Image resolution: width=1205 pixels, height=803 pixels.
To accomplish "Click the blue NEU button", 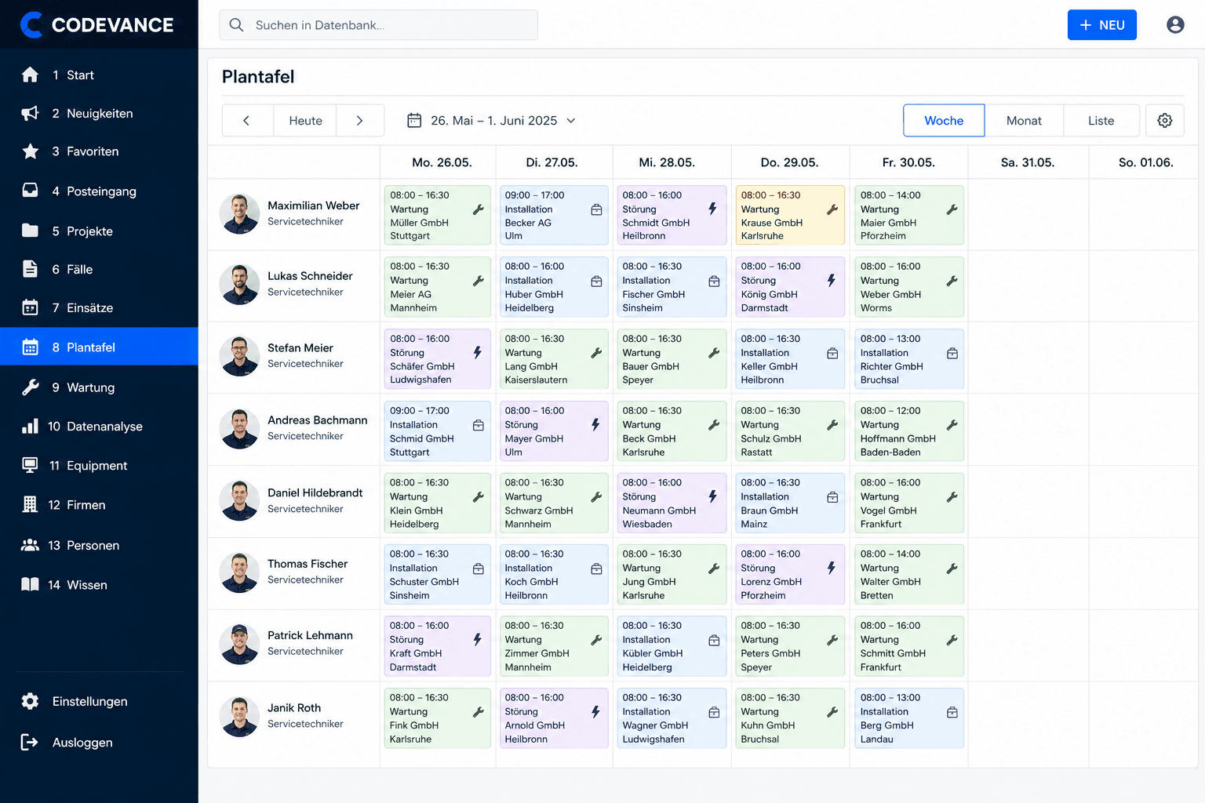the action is point(1101,25).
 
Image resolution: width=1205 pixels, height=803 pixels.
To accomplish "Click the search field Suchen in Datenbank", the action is point(378,25).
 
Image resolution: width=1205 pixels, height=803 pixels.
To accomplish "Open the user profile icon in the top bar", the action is point(1175,25).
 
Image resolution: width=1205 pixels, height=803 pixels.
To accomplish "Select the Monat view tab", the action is point(1024,121).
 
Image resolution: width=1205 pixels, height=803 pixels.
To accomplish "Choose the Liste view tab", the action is point(1101,121).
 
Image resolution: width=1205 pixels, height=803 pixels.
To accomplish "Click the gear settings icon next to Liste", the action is point(1165,121).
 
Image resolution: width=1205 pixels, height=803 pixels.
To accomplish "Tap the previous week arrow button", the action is point(247,121).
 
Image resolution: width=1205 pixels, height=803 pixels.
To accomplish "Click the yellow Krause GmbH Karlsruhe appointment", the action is point(790,215).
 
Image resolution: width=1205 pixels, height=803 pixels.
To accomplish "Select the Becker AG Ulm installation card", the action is point(554,215).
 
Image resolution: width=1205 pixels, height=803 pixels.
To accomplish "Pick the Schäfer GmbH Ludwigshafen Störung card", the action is point(437,358).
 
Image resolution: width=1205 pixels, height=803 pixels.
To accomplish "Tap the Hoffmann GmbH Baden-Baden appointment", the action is point(908,431).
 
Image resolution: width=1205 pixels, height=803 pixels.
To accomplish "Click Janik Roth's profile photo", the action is point(239,717).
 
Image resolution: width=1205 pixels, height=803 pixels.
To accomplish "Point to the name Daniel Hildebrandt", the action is point(315,492).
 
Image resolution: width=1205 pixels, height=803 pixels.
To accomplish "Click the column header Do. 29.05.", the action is point(789,162).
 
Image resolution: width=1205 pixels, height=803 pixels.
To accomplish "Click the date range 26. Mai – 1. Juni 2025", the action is point(493,121).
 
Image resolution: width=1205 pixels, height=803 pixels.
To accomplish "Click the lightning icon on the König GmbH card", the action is point(831,280).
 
